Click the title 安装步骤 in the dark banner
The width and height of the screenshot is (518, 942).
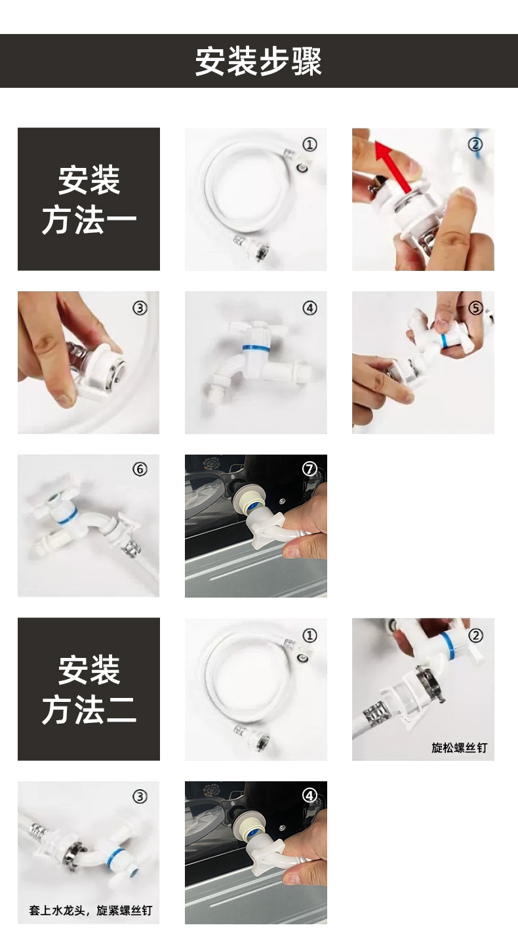(x=258, y=62)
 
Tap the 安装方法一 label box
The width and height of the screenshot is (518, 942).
(x=89, y=199)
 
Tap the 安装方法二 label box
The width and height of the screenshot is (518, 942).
(x=89, y=689)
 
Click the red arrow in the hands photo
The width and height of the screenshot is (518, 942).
(x=392, y=166)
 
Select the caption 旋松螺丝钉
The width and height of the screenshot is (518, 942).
(x=459, y=747)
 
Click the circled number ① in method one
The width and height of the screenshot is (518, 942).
(x=310, y=145)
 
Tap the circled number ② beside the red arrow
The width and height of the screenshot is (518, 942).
(x=475, y=145)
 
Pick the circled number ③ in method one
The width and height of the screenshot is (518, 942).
(x=140, y=308)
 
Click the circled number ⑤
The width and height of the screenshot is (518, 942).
(x=475, y=308)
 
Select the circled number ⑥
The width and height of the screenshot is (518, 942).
(x=140, y=469)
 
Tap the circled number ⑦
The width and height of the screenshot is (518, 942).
(x=310, y=469)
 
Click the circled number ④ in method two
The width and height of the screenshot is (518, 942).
(x=310, y=796)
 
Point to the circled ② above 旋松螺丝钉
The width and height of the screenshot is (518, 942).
(x=475, y=635)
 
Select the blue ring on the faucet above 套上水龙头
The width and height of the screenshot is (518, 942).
(x=117, y=855)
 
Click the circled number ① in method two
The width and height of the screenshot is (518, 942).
(x=310, y=635)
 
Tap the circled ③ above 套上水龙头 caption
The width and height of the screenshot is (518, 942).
(x=140, y=796)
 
